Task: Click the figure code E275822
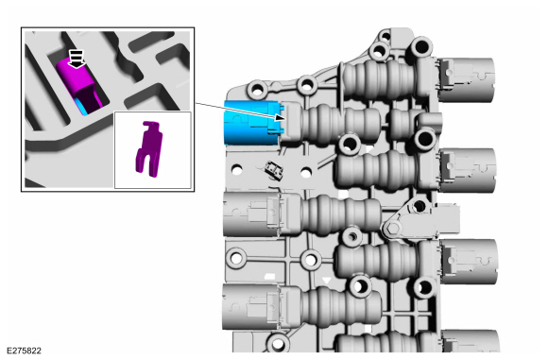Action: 24,351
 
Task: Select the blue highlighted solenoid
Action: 251,123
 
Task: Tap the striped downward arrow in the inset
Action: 77,59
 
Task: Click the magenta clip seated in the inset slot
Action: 78,84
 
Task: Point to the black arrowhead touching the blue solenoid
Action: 281,117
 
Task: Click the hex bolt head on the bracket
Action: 393,228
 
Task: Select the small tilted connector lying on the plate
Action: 274,170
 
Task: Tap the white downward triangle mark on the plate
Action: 326,281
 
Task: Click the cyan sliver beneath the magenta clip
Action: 81,106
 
